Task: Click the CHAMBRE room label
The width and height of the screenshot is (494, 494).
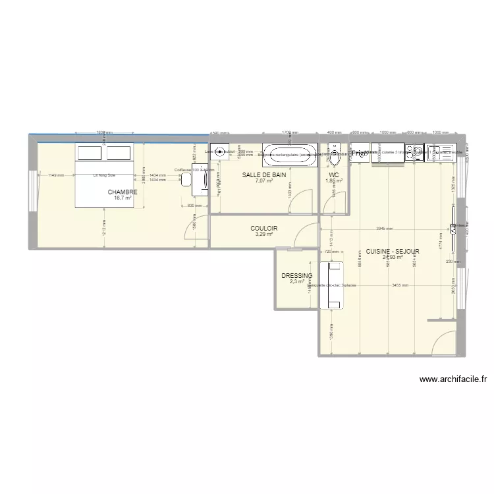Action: pyautogui.click(x=123, y=192)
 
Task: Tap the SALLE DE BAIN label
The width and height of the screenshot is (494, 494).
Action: pyautogui.click(x=264, y=175)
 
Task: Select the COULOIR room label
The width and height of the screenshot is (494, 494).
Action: pyautogui.click(x=263, y=229)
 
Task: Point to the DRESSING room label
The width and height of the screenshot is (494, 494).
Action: pyautogui.click(x=296, y=276)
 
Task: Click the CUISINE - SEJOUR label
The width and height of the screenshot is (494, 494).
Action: pyautogui.click(x=393, y=251)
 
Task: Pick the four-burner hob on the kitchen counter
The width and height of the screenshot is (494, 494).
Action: pyautogui.click(x=414, y=153)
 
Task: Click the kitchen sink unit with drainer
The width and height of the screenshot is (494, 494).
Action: pyautogui.click(x=441, y=153)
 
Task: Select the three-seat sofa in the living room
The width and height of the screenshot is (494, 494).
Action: pyautogui.click(x=331, y=285)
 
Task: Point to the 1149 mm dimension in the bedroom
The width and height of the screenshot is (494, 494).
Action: pyautogui.click(x=56, y=175)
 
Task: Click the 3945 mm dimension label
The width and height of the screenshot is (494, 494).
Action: pyautogui.click(x=385, y=229)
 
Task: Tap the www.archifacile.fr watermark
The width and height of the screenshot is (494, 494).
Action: pyautogui.click(x=454, y=379)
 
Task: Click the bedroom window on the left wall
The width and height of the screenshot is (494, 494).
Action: pyautogui.click(x=30, y=191)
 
